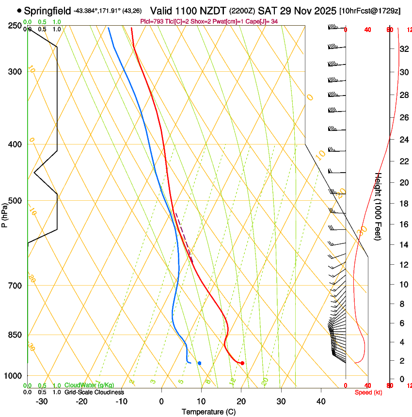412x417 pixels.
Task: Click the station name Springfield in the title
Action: click(48, 10)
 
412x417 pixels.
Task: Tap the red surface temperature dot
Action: click(242, 363)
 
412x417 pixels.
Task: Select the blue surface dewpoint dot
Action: click(199, 363)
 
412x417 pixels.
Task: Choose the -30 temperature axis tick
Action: click(42, 401)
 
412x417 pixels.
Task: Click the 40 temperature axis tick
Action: click(321, 401)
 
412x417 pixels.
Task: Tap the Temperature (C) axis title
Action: click(208, 412)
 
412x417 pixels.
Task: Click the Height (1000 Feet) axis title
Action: click(379, 206)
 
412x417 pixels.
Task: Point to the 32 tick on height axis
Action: click(403, 49)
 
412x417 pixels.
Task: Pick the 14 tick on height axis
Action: click(403, 245)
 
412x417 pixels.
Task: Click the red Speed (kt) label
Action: click(368, 392)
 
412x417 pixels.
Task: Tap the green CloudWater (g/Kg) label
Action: click(90, 385)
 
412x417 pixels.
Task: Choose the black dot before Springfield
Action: click(19, 10)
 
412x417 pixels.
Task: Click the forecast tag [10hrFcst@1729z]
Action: click(370, 11)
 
